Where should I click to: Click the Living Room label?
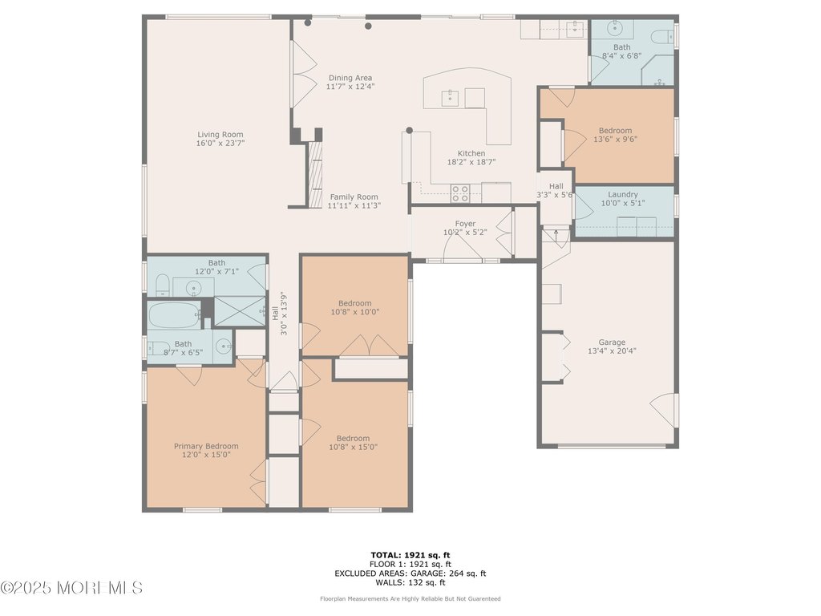(x=220, y=135)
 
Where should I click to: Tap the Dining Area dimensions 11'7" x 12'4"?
(x=350, y=87)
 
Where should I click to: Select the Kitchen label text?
(x=471, y=153)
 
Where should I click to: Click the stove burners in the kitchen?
(x=460, y=193)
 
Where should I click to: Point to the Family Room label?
(x=354, y=197)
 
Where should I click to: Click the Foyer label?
(x=465, y=224)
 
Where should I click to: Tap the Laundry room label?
(x=623, y=194)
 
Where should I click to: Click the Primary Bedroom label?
(x=206, y=446)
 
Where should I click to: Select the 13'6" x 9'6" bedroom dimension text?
(x=615, y=139)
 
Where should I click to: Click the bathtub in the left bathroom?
(x=173, y=314)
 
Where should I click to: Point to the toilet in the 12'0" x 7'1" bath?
(x=160, y=285)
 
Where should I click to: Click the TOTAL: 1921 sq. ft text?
(x=410, y=555)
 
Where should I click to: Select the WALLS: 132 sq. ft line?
(x=410, y=582)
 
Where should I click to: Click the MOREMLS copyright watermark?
(x=72, y=589)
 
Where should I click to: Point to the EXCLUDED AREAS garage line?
(x=410, y=573)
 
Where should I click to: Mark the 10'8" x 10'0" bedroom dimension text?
(x=354, y=312)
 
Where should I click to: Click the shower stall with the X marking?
(x=239, y=310)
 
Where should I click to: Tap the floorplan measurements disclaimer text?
(x=410, y=598)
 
